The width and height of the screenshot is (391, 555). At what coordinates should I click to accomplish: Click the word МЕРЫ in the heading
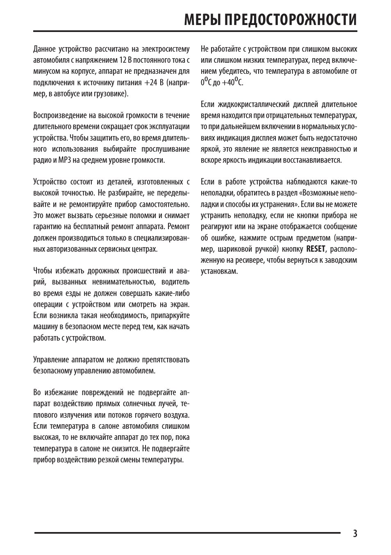[x=200, y=19]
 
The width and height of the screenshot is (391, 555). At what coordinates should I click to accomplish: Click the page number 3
[x=355, y=533]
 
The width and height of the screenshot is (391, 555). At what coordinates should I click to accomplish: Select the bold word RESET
[x=316, y=249]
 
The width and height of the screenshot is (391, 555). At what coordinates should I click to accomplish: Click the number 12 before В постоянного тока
[x=123, y=60]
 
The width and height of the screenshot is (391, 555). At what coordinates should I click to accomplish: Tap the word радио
[x=42, y=160]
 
